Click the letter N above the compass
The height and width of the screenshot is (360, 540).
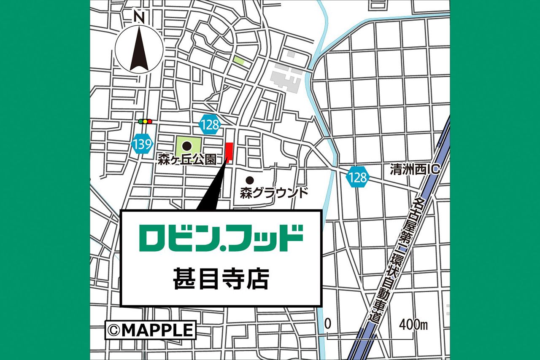pyautogui.click(x=139, y=17)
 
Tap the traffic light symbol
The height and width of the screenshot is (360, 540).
pyautogui.click(x=145, y=122)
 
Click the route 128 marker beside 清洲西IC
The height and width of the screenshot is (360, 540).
pyautogui.click(x=358, y=177)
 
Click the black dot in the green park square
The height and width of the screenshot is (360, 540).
pyautogui.click(x=186, y=146)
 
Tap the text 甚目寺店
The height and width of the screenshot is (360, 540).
pyautogui.click(x=221, y=279)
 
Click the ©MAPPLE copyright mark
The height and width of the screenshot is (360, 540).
pyautogui.click(x=151, y=330)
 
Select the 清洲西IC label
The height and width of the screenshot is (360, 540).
pyautogui.click(x=415, y=170)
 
